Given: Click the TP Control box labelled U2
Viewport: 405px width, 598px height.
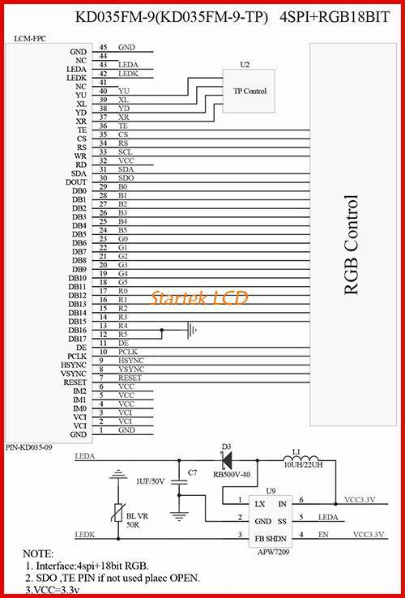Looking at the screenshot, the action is [x=249, y=91].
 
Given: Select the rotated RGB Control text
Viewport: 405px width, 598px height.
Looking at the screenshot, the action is [x=352, y=245].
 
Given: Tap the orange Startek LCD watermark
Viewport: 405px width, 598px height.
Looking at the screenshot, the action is [x=199, y=297].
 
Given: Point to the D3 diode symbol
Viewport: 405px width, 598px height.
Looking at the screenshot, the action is [x=228, y=460].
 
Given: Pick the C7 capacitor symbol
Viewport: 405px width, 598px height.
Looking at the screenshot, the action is [x=179, y=482].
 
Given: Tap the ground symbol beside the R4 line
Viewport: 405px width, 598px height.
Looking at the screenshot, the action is [x=192, y=330].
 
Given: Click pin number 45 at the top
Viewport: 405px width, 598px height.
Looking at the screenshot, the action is [x=103, y=47].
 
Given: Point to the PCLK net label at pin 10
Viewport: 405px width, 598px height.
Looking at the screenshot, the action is [x=128, y=351].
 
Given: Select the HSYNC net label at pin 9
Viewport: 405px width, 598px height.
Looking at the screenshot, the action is [x=130, y=360].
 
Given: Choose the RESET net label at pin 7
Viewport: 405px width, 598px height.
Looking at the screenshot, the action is [x=130, y=378].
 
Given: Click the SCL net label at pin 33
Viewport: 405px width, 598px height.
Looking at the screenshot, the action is [x=126, y=152].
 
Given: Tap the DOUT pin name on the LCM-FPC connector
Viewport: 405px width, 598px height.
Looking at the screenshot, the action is [x=76, y=182].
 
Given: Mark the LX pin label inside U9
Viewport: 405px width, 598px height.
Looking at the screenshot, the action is [x=260, y=504].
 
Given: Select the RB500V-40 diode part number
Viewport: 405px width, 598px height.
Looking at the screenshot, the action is [x=232, y=475].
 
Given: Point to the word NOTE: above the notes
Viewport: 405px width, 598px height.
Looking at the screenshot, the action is [x=38, y=553].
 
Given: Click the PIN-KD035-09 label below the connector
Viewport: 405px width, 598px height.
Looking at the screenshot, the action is [x=28, y=447].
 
